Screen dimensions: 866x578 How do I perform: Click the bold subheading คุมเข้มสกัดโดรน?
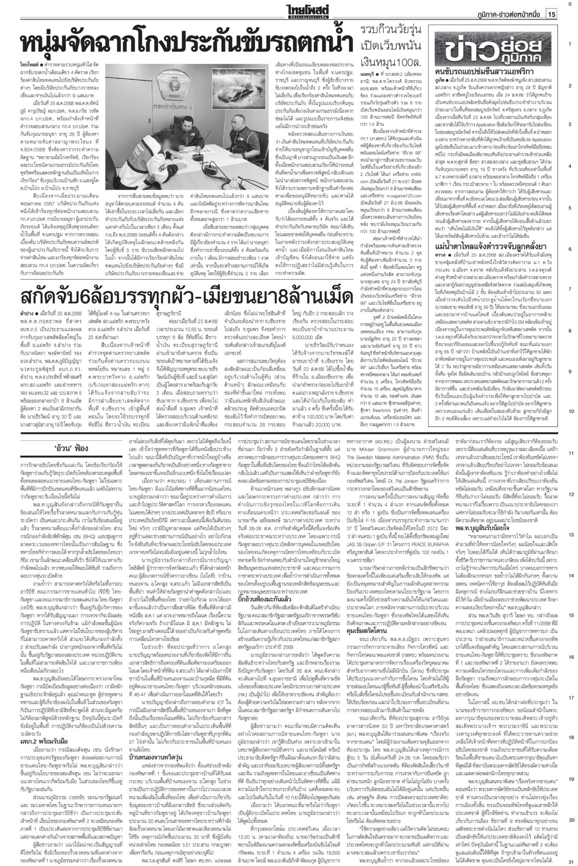pos(375,642)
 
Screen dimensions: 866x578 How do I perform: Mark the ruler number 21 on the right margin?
pos(571,860)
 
